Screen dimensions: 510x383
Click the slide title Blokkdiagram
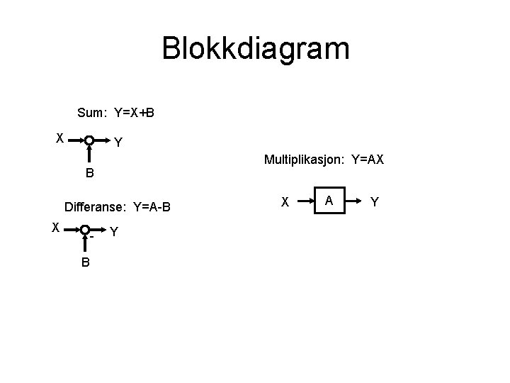[x=255, y=49]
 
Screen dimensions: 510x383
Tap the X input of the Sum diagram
[x=61, y=138]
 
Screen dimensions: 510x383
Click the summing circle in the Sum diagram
[x=90, y=140]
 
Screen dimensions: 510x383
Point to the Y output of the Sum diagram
[x=118, y=143]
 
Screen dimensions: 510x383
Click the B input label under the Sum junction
[x=90, y=173]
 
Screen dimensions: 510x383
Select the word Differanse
[x=95, y=208]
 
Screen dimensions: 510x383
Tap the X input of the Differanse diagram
[x=55, y=227]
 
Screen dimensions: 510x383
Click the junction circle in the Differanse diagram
[x=84, y=230]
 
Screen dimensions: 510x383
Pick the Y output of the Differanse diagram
[x=114, y=232]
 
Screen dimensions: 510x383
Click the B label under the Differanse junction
[x=85, y=262]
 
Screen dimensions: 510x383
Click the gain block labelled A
[x=329, y=201]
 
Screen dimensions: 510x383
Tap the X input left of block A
[x=285, y=202]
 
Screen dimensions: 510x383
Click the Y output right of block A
[x=375, y=203]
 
